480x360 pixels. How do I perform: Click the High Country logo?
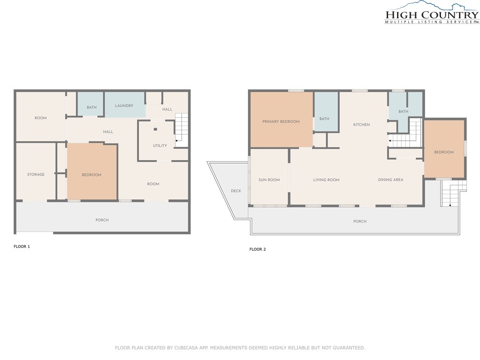point(432,12)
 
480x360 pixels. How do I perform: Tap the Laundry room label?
point(124,105)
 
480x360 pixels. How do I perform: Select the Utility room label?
point(160,146)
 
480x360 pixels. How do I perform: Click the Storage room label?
point(36,174)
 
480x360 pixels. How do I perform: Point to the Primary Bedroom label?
point(281,121)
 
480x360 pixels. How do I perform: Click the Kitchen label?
point(361,125)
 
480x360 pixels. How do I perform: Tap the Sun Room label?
point(269,180)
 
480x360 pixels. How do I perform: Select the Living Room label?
point(326,180)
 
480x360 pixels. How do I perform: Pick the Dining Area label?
point(390,180)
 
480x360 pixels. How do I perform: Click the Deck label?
point(236,191)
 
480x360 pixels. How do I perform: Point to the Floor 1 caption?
point(22,247)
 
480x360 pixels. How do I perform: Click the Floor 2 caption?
point(258,249)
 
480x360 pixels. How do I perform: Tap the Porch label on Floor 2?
point(360,221)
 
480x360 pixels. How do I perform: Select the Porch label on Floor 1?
point(102,220)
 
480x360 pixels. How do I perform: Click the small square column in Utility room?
point(156,129)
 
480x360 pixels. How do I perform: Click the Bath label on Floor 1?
point(91,107)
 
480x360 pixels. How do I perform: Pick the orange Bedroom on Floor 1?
point(92,172)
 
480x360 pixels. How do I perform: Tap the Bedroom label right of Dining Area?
point(444,152)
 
